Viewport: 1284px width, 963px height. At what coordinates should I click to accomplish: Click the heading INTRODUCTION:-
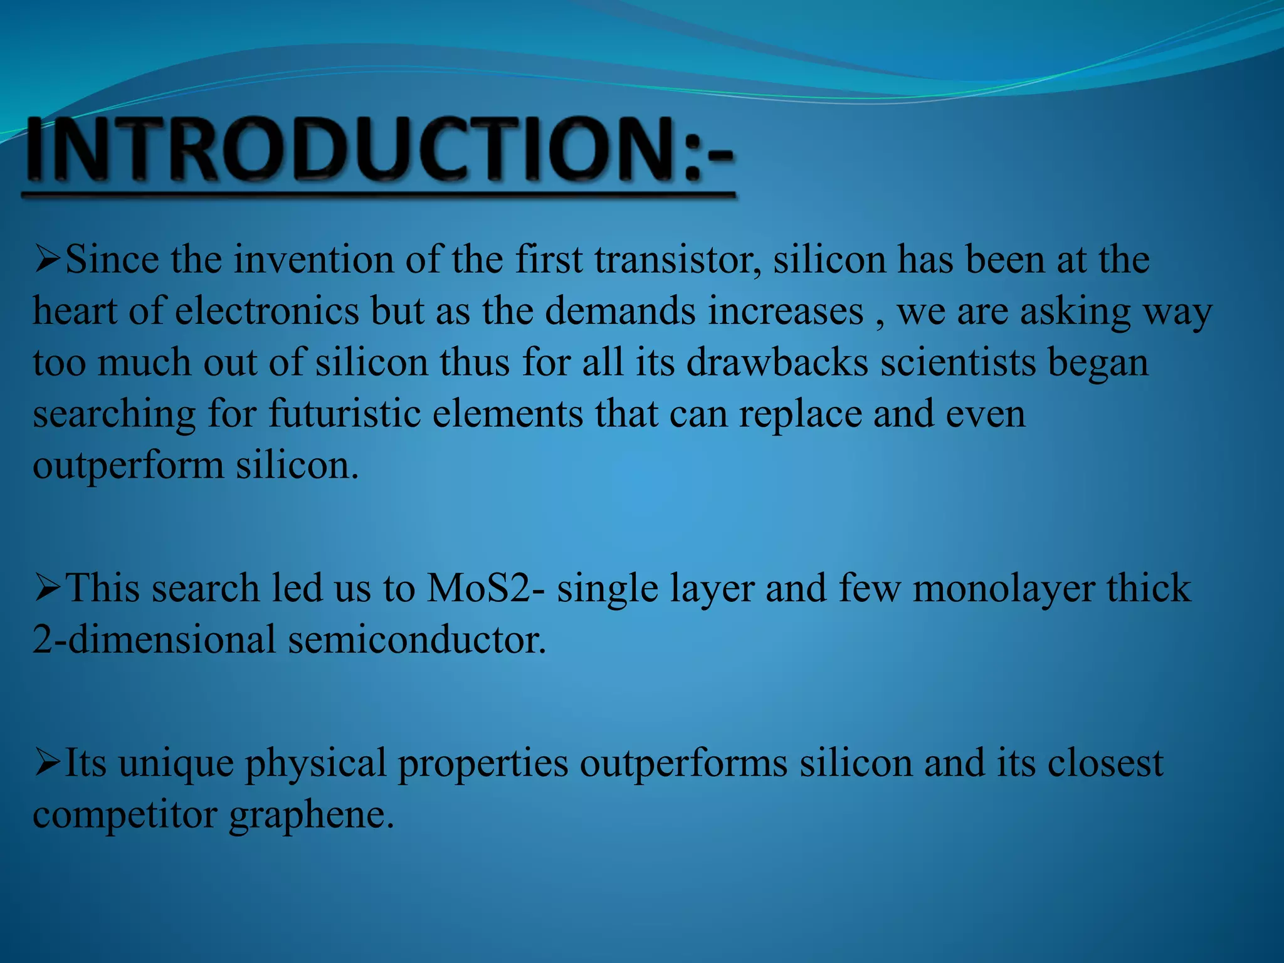click(379, 150)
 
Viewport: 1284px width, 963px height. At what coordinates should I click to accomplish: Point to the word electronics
click(266, 311)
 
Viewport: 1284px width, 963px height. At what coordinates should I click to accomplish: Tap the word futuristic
click(344, 414)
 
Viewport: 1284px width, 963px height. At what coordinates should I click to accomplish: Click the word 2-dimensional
click(154, 640)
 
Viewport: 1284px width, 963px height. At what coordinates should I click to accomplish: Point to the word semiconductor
click(417, 640)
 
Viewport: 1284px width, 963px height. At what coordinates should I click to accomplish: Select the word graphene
click(311, 815)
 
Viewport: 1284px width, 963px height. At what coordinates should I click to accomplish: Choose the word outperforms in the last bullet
click(683, 764)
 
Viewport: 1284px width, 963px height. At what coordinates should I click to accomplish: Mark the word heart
click(75, 311)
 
